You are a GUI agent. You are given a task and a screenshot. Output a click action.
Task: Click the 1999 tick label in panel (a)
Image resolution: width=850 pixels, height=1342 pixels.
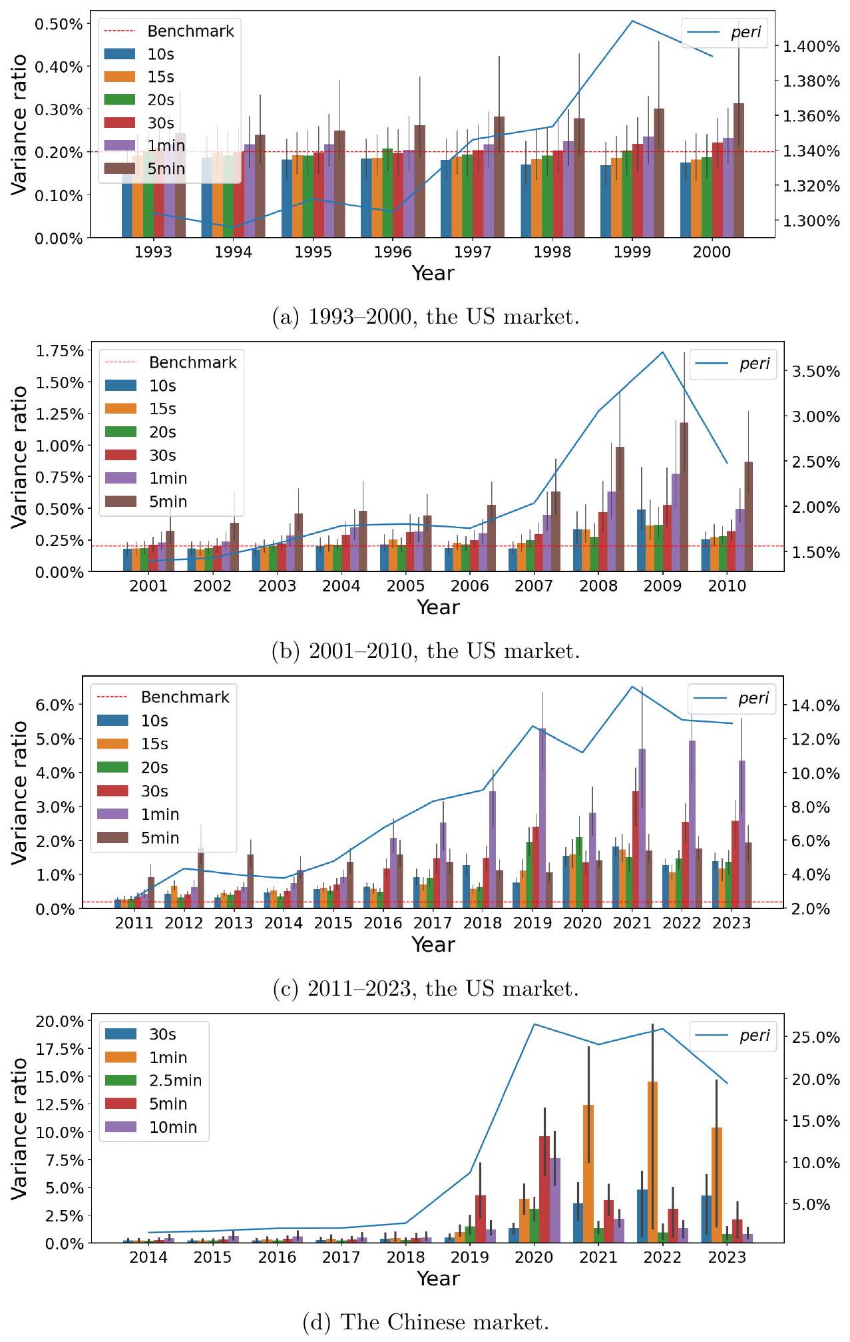[632, 252]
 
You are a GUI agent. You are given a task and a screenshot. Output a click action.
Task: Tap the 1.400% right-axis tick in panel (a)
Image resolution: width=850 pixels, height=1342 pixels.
[811, 47]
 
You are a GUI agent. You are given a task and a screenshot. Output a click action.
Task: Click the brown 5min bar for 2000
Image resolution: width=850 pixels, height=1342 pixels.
[738, 170]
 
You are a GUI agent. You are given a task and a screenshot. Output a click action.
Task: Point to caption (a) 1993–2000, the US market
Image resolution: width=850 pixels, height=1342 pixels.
[426, 316]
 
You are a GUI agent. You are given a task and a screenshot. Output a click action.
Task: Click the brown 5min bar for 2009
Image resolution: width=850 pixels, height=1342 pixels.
[684, 496]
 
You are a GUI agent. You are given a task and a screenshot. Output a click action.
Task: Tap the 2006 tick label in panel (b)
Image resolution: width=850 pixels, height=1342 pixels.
[469, 586]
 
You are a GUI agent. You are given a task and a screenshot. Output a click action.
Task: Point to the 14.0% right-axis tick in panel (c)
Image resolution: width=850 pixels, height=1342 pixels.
[815, 705]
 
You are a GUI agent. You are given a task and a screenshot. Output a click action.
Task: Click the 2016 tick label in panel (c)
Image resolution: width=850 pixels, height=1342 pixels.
[383, 923]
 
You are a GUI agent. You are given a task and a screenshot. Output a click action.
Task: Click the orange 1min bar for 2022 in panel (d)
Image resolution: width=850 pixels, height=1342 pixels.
[652, 1162]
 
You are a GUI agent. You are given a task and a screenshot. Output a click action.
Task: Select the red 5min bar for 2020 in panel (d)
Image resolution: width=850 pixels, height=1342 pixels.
[544, 1189]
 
